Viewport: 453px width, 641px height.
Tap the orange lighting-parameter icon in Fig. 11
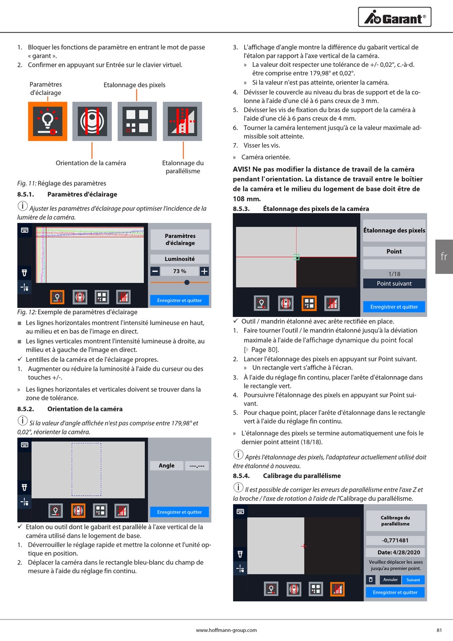click(x=48, y=121)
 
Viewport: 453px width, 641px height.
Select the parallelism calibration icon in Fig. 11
click(x=182, y=121)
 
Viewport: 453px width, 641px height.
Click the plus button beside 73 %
click(x=204, y=271)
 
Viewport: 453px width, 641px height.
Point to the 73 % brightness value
click(x=179, y=271)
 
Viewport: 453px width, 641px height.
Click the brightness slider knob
click(x=187, y=283)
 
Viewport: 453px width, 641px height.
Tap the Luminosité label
click(x=180, y=259)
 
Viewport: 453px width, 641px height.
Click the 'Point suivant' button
click(x=394, y=284)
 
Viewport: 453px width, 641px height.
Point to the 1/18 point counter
click(x=394, y=274)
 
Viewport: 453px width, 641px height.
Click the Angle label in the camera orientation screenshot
click(x=166, y=466)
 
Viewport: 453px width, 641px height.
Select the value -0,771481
click(x=395, y=541)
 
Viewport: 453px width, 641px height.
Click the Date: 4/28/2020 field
click(x=395, y=552)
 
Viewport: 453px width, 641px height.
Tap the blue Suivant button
click(x=413, y=580)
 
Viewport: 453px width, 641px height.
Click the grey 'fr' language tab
click(x=444, y=257)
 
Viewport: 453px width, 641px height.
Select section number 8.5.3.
click(x=241, y=209)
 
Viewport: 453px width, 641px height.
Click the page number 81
click(x=439, y=630)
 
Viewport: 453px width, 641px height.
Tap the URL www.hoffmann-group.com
click(x=226, y=630)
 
